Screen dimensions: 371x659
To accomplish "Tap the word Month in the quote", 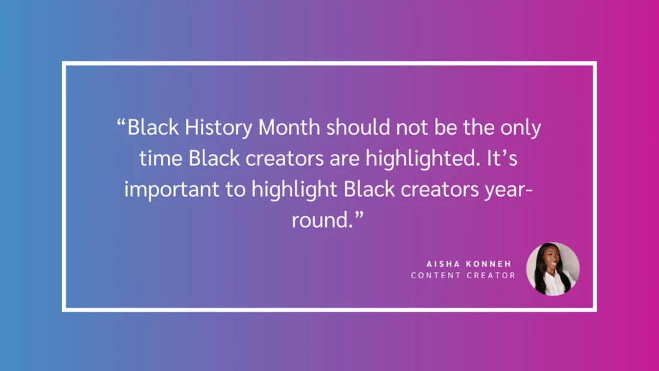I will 289,128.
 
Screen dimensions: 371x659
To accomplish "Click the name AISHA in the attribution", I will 441,264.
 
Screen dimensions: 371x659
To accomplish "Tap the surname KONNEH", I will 488,264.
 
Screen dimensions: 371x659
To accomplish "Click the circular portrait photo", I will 553,269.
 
